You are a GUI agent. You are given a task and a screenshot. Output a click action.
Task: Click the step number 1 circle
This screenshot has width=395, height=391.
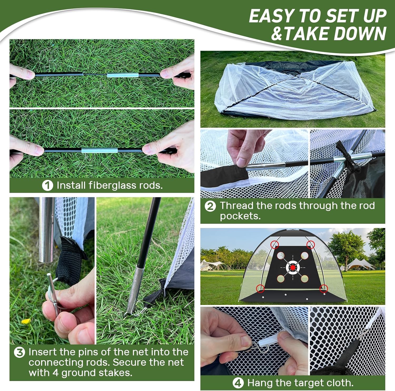click(47, 185)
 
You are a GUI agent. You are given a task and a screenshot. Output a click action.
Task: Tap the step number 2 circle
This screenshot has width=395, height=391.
click(210, 206)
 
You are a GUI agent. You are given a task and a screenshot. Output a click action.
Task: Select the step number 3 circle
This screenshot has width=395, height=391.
click(19, 352)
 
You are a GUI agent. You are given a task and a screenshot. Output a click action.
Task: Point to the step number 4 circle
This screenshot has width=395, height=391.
click(238, 383)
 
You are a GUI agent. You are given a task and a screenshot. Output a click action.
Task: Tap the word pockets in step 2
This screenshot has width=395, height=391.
click(240, 216)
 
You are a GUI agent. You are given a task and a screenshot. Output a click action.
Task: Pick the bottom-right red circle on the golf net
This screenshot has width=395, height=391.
click(324, 289)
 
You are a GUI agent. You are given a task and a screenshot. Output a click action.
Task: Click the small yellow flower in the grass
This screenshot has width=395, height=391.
click(26, 321)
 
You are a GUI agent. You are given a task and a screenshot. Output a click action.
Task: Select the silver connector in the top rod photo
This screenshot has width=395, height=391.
click(122, 75)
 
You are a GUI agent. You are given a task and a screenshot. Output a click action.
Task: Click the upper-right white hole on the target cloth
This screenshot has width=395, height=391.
click(305, 255)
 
